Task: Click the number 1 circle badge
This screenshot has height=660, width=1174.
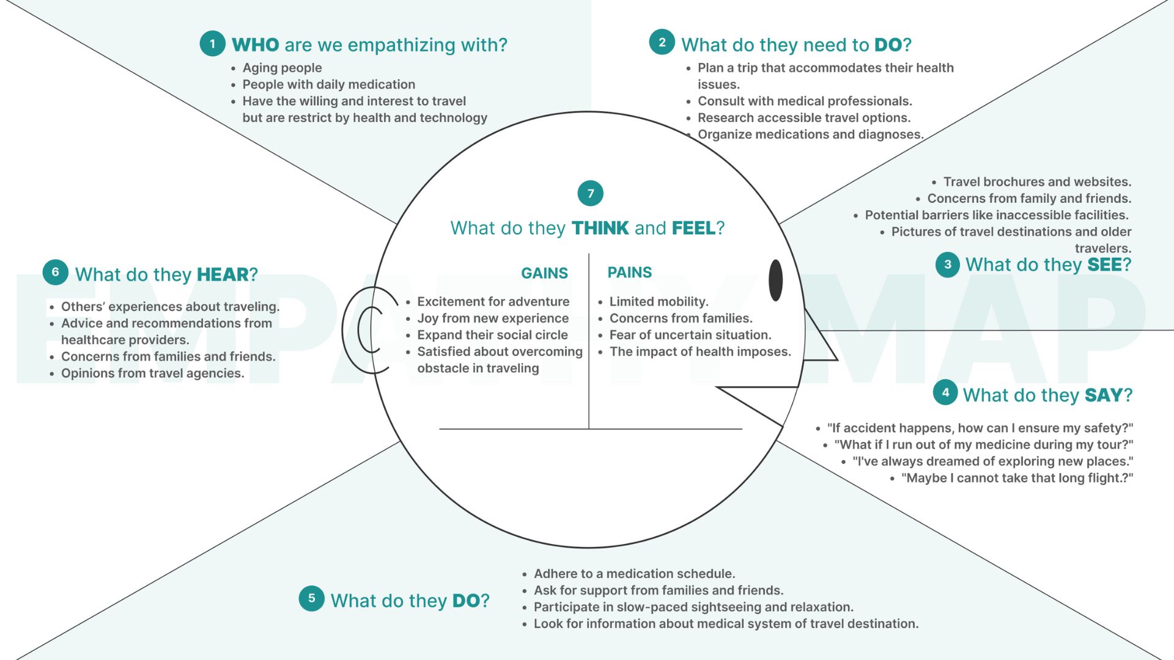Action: click(212, 44)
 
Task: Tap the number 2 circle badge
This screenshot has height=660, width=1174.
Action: click(662, 42)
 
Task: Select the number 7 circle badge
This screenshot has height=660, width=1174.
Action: click(590, 194)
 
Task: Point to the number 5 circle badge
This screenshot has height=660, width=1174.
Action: click(311, 598)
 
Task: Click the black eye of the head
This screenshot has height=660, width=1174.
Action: click(775, 280)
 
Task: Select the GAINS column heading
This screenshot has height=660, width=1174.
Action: click(544, 273)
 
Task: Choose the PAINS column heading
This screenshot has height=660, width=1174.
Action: click(629, 273)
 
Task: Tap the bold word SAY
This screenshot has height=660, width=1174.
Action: click(1103, 395)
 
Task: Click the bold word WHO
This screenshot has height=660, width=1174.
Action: click(255, 45)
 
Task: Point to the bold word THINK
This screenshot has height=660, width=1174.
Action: click(600, 228)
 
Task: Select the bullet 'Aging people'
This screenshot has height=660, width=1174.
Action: click(282, 68)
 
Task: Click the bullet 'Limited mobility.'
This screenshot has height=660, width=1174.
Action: click(659, 301)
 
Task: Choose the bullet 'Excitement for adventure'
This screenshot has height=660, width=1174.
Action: click(493, 301)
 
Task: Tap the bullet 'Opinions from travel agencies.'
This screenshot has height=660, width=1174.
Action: click(152, 373)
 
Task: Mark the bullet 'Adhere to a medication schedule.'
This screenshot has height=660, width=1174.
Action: click(634, 574)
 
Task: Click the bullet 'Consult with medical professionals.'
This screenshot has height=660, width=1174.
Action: click(805, 101)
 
